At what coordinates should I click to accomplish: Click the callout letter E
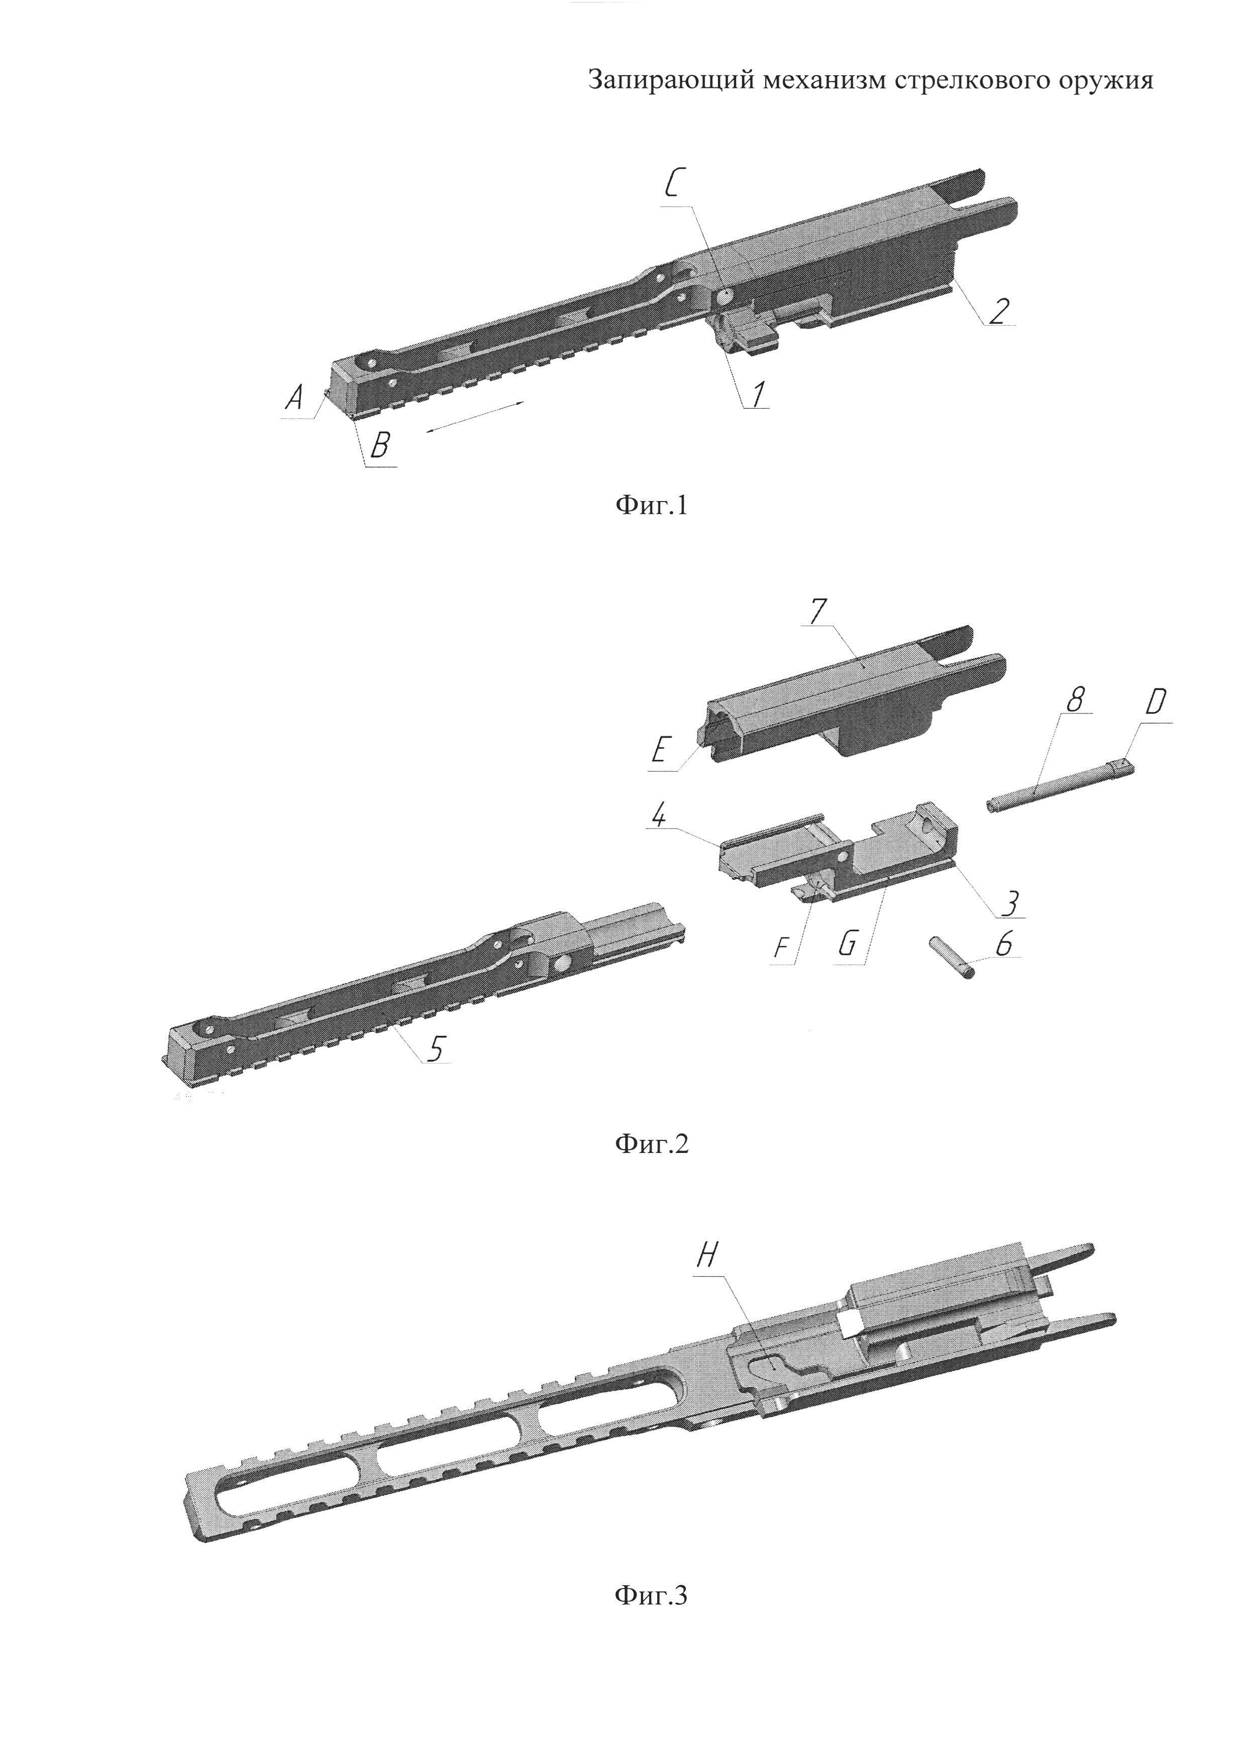click(661, 749)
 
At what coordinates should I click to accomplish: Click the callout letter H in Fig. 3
click(706, 1255)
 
